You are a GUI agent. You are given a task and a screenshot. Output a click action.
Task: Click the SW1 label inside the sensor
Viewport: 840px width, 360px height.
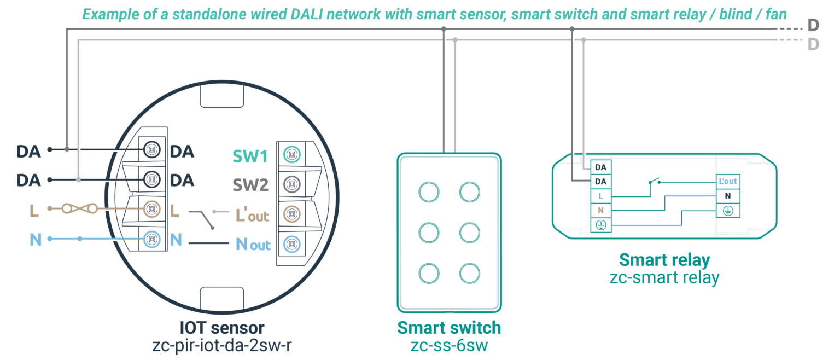click(250, 156)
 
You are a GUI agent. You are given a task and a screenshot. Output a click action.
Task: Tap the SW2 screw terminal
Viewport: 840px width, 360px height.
click(291, 184)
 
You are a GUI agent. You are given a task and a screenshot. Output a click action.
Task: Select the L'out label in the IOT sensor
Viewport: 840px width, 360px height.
click(252, 215)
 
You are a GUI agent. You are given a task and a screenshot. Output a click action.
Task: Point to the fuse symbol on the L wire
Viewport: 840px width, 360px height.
click(80, 208)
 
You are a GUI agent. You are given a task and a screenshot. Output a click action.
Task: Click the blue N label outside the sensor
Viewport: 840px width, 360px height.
click(35, 240)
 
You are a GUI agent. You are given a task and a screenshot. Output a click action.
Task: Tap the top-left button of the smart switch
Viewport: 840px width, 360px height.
click(429, 192)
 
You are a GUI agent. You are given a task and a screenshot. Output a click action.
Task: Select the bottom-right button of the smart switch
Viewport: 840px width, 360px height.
click(469, 272)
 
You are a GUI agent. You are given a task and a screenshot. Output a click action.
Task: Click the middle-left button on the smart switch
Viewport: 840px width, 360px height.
click(429, 233)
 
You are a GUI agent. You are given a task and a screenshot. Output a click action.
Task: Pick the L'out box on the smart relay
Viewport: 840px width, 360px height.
click(728, 181)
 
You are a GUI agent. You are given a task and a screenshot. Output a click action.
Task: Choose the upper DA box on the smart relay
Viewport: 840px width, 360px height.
click(600, 167)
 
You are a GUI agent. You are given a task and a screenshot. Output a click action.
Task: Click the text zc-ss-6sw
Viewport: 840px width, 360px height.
click(448, 346)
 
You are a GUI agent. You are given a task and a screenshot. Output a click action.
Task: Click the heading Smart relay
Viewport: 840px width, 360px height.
click(664, 259)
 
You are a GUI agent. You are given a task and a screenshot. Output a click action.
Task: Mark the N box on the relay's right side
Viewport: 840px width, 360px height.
click(728, 195)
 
